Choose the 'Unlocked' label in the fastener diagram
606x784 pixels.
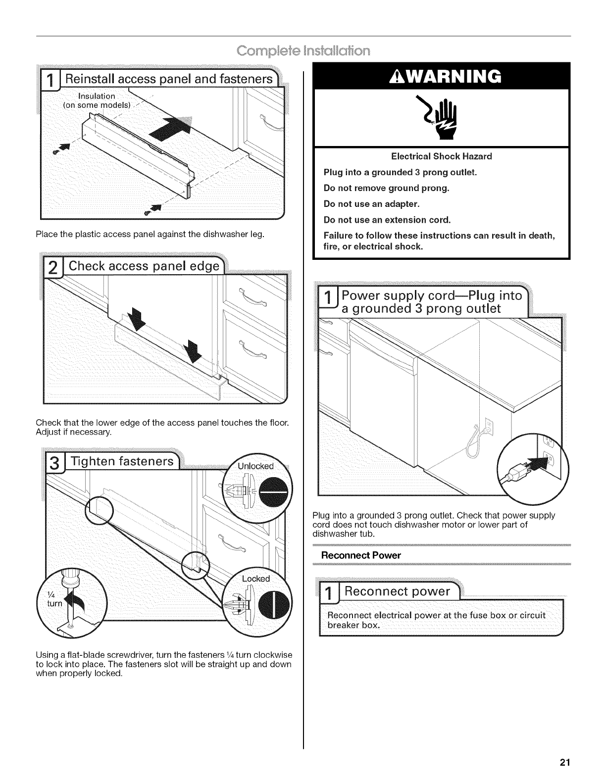[x=255, y=466]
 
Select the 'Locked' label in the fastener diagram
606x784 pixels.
[x=255, y=579]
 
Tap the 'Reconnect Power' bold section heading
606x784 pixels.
[x=361, y=555]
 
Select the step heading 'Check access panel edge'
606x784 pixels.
[x=144, y=266]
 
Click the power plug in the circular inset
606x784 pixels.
[x=520, y=474]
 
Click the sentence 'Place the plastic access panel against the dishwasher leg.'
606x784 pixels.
[x=150, y=234]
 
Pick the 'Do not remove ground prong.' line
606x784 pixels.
[x=386, y=188]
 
